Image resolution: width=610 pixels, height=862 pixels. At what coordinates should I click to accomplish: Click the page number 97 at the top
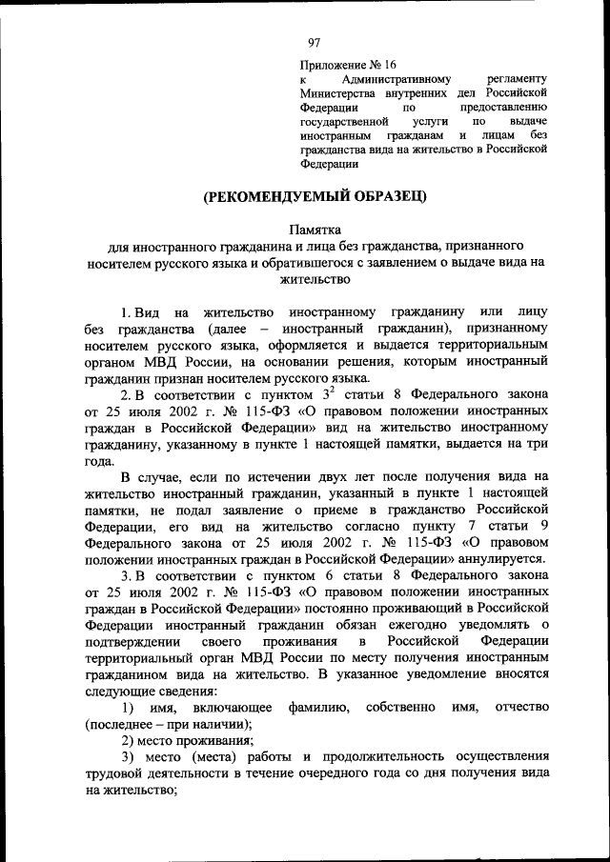tap(315, 42)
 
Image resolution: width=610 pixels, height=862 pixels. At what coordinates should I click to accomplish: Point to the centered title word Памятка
tap(315, 230)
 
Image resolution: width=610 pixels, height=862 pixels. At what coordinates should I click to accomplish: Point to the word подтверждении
tap(131, 640)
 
